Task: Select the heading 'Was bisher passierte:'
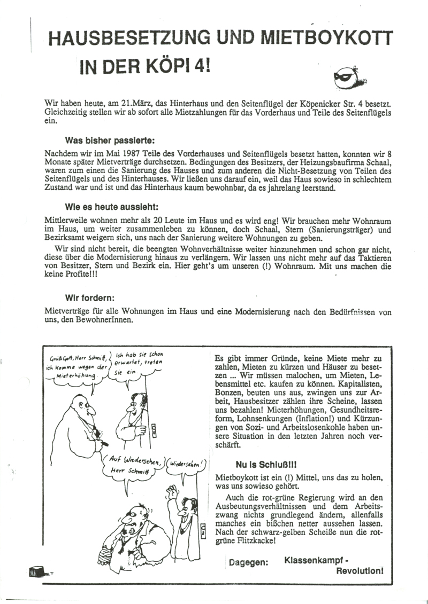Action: coord(110,141)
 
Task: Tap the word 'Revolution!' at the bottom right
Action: coord(360,570)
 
